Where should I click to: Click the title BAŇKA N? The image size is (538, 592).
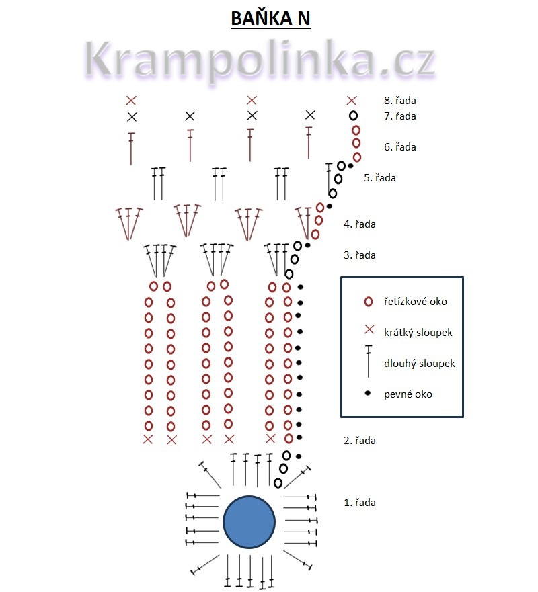[x=270, y=18]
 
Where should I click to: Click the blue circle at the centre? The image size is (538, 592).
[x=249, y=522]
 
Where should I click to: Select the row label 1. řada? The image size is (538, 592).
[x=360, y=502]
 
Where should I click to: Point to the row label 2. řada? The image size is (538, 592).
[x=360, y=441]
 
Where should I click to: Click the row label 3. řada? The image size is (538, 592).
[x=360, y=255]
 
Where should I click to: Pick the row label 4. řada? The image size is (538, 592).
[x=360, y=224]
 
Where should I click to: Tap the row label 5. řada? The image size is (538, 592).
[x=380, y=178]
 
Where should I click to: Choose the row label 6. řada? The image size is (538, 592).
[x=399, y=146]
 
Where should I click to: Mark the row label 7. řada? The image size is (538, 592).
[x=399, y=116]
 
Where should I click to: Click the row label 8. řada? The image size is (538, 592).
[x=399, y=101]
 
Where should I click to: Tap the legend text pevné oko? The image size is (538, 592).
[x=408, y=394]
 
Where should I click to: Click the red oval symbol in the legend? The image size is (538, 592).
[x=368, y=302]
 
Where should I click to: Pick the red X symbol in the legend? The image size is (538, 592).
[x=368, y=330]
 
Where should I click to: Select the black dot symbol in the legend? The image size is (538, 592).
[x=368, y=394]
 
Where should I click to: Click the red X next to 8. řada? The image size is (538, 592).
[x=351, y=101]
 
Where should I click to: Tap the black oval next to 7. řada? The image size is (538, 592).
[x=353, y=116]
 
